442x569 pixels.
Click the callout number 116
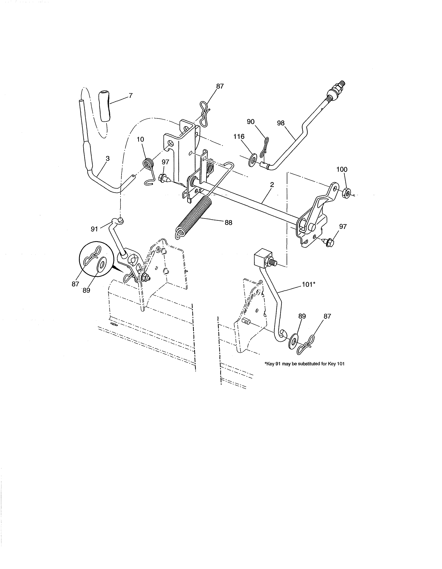pyautogui.click(x=239, y=136)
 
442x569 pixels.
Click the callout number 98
pyautogui.click(x=281, y=123)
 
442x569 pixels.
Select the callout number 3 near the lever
pyautogui.click(x=107, y=158)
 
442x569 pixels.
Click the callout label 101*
pyautogui.click(x=309, y=285)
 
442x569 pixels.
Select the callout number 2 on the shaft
pyautogui.click(x=272, y=185)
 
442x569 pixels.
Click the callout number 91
pyautogui.click(x=94, y=229)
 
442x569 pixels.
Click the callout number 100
pyautogui.click(x=342, y=169)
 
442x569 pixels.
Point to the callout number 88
pyautogui.click(x=228, y=223)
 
